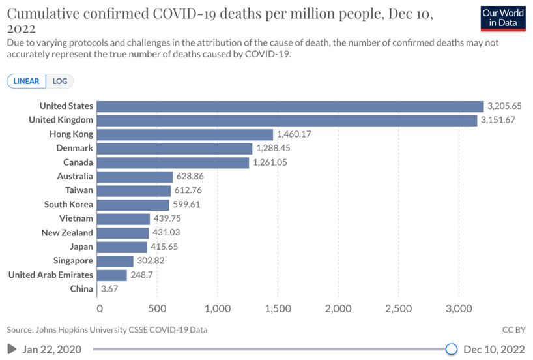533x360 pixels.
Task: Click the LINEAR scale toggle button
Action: [27, 82]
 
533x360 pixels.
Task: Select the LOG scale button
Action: [59, 82]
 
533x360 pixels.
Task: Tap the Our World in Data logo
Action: [502, 18]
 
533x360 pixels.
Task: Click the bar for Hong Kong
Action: [186, 134]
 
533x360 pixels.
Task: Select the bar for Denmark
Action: [175, 149]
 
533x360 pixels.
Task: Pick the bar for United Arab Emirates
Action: [113, 275]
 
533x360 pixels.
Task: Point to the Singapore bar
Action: [117, 261]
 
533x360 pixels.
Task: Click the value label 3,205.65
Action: [505, 106]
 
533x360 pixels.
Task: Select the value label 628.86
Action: [192, 177]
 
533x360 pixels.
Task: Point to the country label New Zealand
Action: [67, 233]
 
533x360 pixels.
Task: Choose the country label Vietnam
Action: [76, 218]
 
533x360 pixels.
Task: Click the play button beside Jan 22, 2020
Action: [12, 350]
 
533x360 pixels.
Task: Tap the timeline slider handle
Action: [452, 350]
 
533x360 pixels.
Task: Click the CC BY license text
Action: [513, 330]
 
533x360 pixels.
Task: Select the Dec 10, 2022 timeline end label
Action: [493, 350]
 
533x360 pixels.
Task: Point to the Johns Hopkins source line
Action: [107, 330]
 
